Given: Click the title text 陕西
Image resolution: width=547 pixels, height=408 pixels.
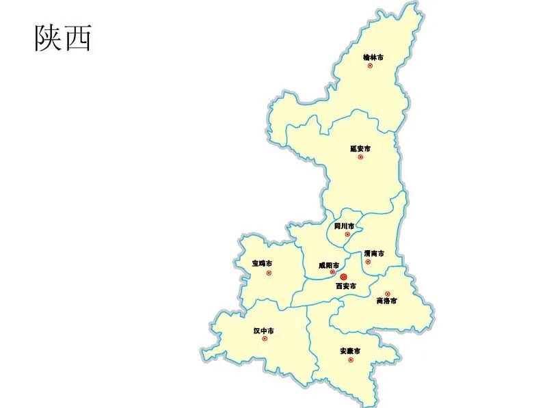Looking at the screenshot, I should click(63, 38).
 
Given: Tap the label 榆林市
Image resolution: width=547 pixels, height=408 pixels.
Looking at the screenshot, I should click(373, 57).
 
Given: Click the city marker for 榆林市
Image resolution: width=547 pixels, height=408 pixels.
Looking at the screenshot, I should click(370, 66).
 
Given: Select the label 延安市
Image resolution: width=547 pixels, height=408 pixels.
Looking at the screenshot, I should click(360, 148).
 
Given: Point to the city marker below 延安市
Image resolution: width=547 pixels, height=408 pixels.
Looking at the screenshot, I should click(360, 157).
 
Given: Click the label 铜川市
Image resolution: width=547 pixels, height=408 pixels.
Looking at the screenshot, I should click(345, 226).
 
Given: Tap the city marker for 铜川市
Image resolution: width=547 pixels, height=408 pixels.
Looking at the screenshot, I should click(347, 234).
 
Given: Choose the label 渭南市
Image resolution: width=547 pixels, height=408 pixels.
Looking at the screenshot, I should click(373, 254).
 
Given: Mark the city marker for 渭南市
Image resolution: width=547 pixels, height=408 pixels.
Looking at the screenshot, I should click(368, 262).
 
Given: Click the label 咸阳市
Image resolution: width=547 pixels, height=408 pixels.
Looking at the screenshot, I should click(329, 265).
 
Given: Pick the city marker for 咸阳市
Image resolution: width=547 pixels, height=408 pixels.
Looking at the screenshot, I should click(333, 272).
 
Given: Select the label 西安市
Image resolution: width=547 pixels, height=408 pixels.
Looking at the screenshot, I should click(345, 286).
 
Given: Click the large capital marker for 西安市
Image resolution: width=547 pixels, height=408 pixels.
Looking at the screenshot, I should click(343, 277).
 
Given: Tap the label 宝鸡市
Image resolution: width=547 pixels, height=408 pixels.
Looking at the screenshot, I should click(262, 264).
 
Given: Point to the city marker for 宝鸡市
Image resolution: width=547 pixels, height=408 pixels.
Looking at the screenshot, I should click(269, 273).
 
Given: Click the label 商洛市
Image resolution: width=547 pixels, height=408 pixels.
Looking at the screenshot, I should click(386, 301).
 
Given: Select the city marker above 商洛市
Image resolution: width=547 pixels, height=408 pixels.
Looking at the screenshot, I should click(387, 294).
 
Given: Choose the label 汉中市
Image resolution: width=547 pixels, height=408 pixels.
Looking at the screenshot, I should click(263, 331).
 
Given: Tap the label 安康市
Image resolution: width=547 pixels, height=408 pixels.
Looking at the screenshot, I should click(350, 351).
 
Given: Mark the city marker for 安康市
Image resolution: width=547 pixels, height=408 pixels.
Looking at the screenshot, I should click(351, 359).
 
